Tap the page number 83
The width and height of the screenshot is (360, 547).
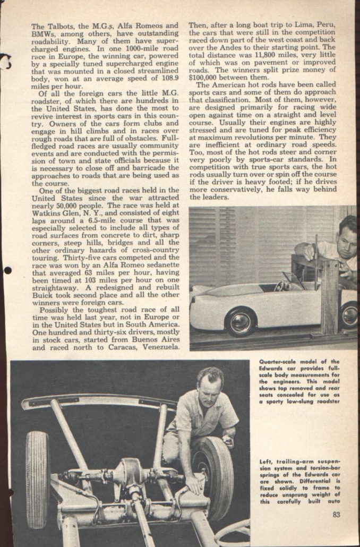point(337,514)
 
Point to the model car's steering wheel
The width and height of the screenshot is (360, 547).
point(279,286)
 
